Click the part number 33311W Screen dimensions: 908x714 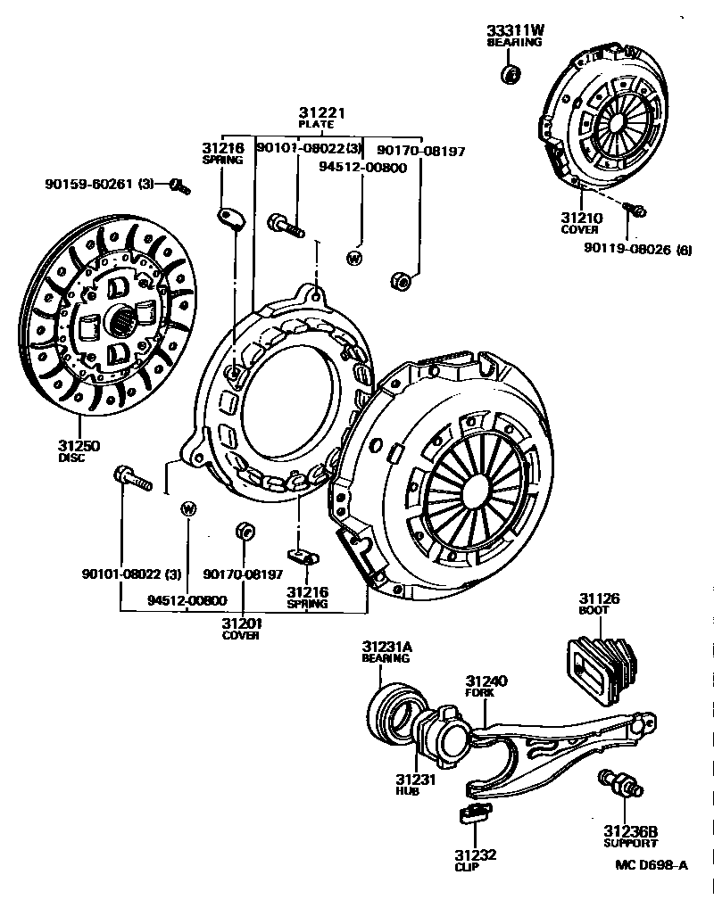point(515,29)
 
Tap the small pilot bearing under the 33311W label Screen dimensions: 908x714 point(511,72)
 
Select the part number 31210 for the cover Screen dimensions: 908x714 point(581,218)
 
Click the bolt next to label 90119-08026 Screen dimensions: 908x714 point(636,210)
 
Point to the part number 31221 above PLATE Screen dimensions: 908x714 point(320,113)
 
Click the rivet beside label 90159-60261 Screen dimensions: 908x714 point(178,186)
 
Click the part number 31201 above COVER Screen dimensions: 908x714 point(241,623)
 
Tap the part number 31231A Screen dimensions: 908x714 point(386,646)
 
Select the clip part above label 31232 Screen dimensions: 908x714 point(474,813)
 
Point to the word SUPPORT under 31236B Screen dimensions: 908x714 point(631,843)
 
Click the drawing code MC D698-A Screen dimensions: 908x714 point(652,864)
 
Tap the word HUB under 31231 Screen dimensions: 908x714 point(408,791)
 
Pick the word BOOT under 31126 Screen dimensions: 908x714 point(594,610)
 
